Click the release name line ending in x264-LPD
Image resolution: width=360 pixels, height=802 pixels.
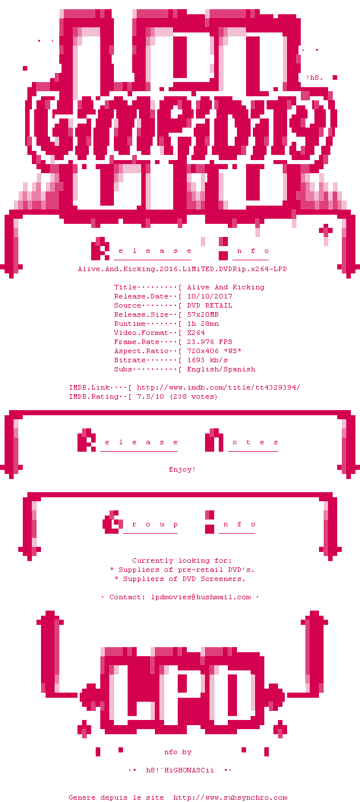182,269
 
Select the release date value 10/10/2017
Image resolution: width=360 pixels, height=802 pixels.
210,296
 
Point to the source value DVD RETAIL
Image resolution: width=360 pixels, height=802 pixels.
210,305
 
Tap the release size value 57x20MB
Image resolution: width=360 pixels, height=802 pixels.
203,314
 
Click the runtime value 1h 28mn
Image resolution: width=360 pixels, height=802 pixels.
203,324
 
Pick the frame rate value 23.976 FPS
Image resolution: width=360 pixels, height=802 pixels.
210,342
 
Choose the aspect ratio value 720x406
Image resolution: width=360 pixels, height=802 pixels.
203,351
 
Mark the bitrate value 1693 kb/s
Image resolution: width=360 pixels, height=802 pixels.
207,360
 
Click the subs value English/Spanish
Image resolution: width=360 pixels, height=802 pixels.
221,369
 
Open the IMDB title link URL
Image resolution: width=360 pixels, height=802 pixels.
219,387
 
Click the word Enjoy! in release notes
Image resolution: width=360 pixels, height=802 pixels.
182,469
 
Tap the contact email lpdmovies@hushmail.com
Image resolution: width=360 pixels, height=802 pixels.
201,597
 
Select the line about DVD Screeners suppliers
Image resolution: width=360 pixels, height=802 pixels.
180,579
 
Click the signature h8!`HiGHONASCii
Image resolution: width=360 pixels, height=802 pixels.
180,770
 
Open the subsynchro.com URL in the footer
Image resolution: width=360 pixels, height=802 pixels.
230,797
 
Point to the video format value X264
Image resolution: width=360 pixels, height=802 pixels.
196,333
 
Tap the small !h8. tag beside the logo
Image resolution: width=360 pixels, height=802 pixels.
314,77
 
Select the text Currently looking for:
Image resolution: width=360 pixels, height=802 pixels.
182,560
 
